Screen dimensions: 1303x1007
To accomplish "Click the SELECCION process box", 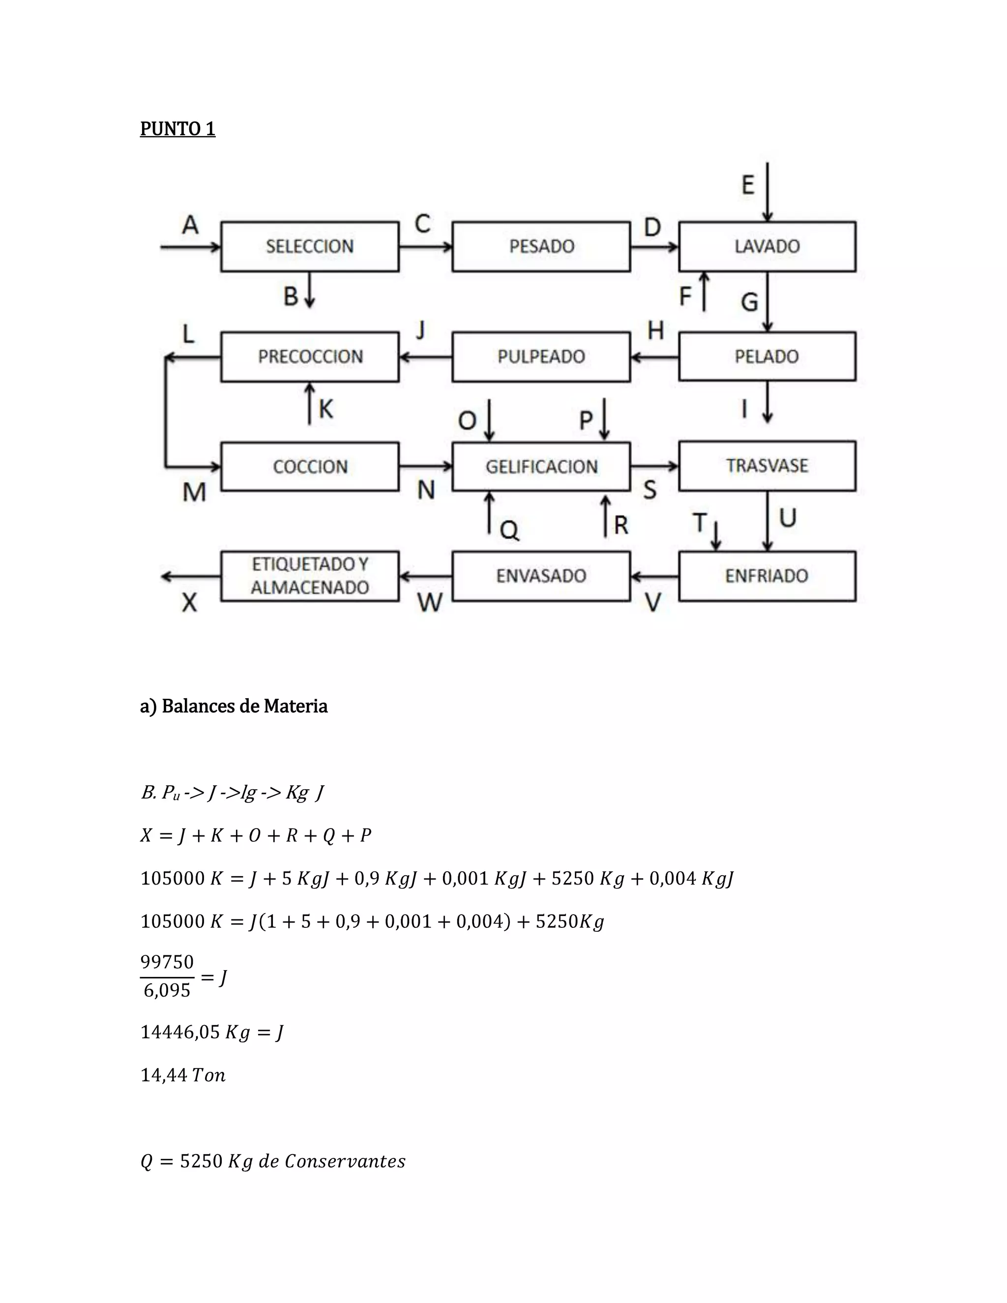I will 310,246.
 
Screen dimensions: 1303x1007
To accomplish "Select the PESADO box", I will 541,246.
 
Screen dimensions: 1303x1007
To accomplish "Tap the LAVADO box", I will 767,246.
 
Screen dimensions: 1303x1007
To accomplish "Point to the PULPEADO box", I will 541,357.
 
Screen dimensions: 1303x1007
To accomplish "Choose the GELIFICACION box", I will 541,467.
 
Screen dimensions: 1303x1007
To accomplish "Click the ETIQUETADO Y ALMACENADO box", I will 310,576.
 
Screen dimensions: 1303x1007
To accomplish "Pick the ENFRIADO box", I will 767,576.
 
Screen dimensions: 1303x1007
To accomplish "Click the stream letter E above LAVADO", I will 747,185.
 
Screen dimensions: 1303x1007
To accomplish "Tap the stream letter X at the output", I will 189,603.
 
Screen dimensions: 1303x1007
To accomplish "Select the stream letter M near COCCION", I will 194,492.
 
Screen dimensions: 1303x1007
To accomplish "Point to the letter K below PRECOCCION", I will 326,409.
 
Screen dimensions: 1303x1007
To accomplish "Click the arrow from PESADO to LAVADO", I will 654,246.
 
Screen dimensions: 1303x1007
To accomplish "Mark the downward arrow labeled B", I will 310,290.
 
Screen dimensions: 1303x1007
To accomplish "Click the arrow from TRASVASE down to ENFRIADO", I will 768,521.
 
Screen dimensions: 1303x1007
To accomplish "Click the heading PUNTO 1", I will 177,129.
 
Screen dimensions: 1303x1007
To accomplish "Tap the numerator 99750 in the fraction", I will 167,962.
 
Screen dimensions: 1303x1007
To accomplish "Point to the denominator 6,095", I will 167,990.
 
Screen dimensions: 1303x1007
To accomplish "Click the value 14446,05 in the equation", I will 180,1032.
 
